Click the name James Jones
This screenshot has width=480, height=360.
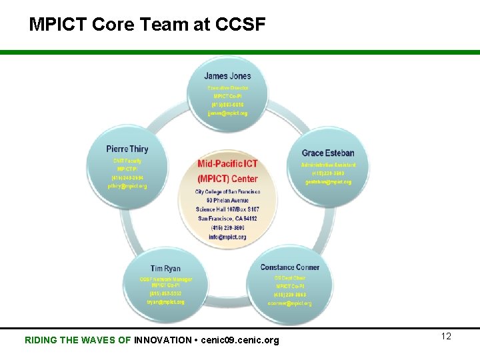coord(227,76)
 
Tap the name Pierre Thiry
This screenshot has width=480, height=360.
coord(127,149)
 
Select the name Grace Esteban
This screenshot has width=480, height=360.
coord(328,153)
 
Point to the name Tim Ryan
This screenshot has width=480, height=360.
coord(165,269)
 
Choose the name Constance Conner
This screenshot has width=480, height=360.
coord(289,267)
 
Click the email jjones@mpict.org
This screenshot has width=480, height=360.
coord(227,113)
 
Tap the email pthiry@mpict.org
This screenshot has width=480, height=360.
coord(127,186)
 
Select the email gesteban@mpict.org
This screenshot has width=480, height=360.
coord(328,181)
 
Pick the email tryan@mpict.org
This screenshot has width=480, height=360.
coord(166,302)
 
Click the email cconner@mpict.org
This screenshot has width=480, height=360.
coord(289,303)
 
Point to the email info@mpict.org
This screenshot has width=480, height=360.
coord(227,236)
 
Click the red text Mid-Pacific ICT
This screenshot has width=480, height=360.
coord(227,164)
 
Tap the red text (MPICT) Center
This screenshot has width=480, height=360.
coord(227,178)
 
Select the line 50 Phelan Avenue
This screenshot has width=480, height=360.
coord(227,201)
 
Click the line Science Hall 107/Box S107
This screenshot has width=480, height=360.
coord(227,209)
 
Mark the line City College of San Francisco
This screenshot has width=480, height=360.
coord(227,192)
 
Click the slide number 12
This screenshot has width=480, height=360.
coord(446,336)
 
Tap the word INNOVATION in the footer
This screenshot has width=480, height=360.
coord(162,340)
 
